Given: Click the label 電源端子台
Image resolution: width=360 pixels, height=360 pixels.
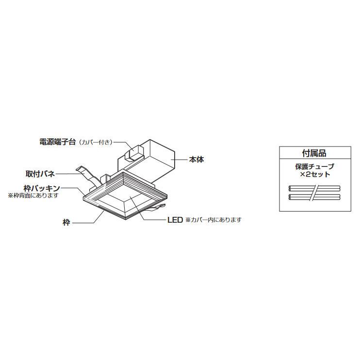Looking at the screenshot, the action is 58,142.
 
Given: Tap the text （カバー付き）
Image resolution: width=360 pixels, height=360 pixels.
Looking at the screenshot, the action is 95,142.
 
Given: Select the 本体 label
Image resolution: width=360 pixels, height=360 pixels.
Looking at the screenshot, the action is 196,160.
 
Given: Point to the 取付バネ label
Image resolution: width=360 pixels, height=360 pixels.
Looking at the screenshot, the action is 40,174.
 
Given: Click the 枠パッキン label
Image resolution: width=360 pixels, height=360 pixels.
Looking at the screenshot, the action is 42,188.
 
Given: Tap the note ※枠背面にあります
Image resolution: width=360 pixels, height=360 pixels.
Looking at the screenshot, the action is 33,196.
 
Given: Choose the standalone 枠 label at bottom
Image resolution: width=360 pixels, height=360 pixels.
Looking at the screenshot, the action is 66,223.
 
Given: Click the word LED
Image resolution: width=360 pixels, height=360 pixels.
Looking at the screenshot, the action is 175,220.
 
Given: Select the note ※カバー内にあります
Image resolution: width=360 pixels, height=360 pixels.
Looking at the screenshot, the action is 213,220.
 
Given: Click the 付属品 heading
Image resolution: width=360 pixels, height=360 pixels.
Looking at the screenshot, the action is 314,153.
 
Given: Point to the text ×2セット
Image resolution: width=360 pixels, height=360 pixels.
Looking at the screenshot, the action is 315,174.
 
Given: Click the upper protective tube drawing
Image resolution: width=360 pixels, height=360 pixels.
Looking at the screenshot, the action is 314,188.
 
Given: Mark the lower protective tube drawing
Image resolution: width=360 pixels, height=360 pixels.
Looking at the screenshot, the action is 314,197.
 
